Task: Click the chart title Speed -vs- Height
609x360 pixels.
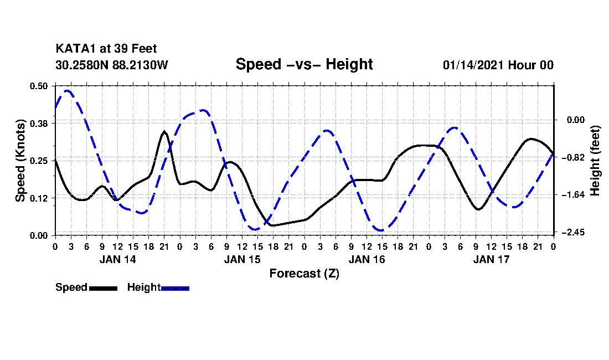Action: coord(304,64)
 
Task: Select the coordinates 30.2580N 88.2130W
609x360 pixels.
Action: coord(111,65)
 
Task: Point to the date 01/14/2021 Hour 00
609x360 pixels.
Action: coord(498,65)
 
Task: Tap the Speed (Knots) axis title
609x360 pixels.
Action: coord(20,160)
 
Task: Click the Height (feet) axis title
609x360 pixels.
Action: coord(596,160)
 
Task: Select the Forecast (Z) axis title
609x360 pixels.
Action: coord(304,273)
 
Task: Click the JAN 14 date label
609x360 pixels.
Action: coord(117,259)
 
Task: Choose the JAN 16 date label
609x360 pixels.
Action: coord(367,259)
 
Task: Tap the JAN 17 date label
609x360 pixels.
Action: coord(491,259)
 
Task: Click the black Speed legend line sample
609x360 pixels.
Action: coord(103,287)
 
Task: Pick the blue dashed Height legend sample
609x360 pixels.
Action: coord(175,287)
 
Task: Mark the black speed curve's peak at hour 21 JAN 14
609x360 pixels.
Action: coord(164,131)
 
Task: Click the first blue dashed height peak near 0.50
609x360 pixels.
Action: coord(68,90)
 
